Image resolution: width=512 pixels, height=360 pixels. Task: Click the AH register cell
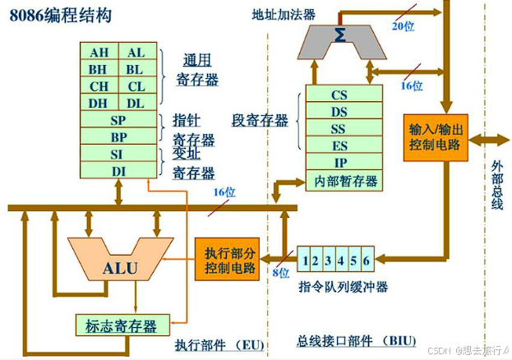(99, 53)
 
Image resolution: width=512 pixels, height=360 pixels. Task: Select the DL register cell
(136, 103)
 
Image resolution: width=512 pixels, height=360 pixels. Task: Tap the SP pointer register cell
(118, 120)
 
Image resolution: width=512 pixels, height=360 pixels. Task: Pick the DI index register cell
(118, 170)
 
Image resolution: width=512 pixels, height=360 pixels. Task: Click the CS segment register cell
(339, 95)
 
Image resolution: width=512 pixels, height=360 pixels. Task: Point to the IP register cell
(339, 163)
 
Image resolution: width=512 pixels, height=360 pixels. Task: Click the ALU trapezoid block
(120, 268)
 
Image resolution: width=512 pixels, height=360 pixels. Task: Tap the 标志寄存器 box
(122, 324)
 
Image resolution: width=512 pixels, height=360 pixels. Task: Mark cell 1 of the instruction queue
(305, 261)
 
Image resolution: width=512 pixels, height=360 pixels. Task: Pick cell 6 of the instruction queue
(367, 261)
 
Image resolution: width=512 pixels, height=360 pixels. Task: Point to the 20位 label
(403, 26)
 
